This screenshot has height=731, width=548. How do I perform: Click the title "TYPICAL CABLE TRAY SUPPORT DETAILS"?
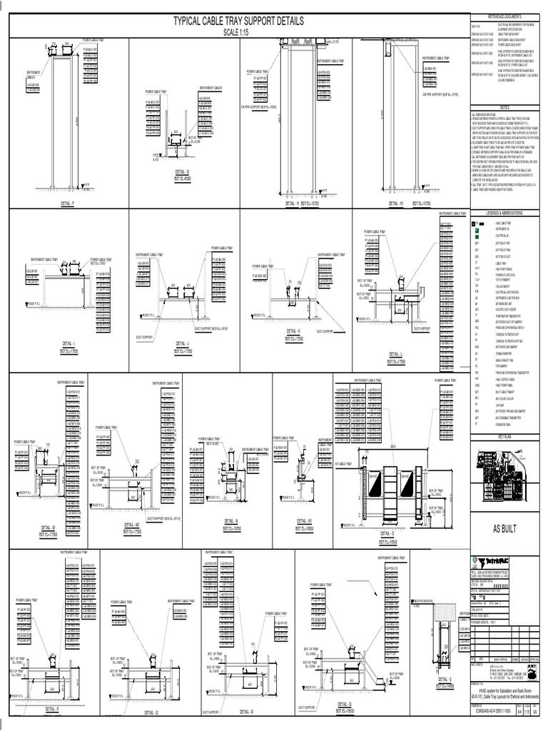[x=233, y=23]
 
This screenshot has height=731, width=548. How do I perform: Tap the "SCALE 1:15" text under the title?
[x=233, y=34]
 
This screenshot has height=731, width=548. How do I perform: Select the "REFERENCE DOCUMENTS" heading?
[x=504, y=15]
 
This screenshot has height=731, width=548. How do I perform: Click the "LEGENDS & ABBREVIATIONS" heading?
[x=504, y=213]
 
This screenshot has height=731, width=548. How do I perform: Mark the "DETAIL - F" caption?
[x=68, y=203]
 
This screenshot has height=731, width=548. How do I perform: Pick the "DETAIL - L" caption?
[x=392, y=354]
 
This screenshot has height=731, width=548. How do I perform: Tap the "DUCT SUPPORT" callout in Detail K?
[x=325, y=331]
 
